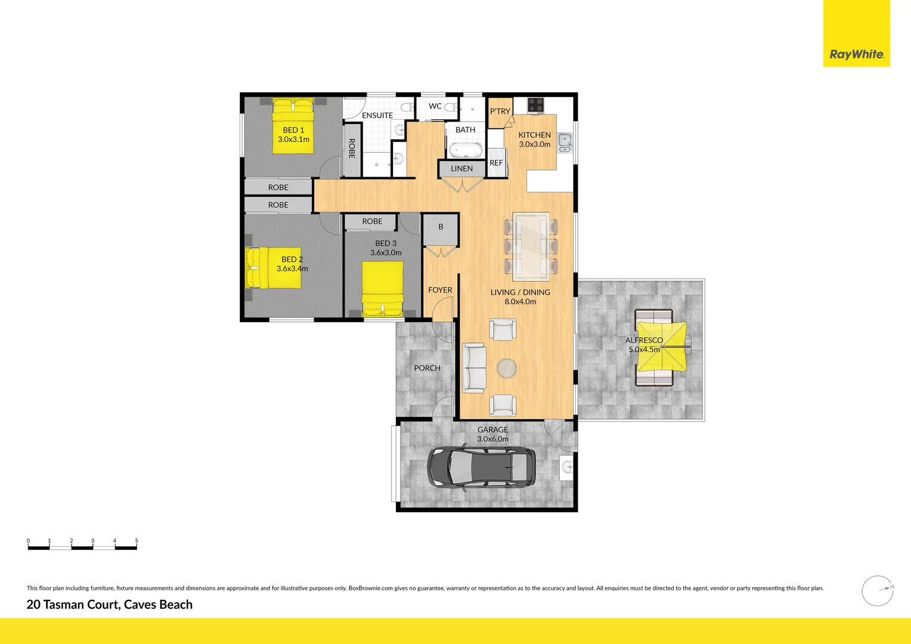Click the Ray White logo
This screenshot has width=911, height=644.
856,54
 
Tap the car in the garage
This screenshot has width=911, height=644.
481,467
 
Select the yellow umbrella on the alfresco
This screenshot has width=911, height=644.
662,346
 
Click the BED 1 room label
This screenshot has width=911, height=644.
293,130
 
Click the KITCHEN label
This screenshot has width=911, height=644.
534,135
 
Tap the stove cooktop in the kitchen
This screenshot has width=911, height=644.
536,105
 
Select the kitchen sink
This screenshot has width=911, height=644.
564,143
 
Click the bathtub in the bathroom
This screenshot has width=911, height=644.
465,150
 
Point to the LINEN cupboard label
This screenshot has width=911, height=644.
461,169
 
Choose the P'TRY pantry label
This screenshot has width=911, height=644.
500,112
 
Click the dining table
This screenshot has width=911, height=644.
531,246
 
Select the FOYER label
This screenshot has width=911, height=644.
440,290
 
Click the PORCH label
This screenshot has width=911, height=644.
427,369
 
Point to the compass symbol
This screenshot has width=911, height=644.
878,591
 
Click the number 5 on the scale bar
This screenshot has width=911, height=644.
137,541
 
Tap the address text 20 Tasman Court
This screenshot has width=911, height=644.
110,605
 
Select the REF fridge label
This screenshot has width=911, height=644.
496,163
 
